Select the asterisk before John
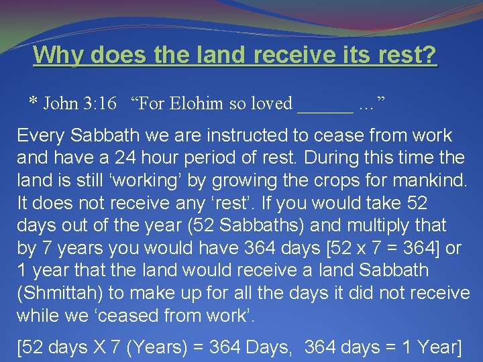pos(33,102)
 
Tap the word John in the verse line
pos(61,104)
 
